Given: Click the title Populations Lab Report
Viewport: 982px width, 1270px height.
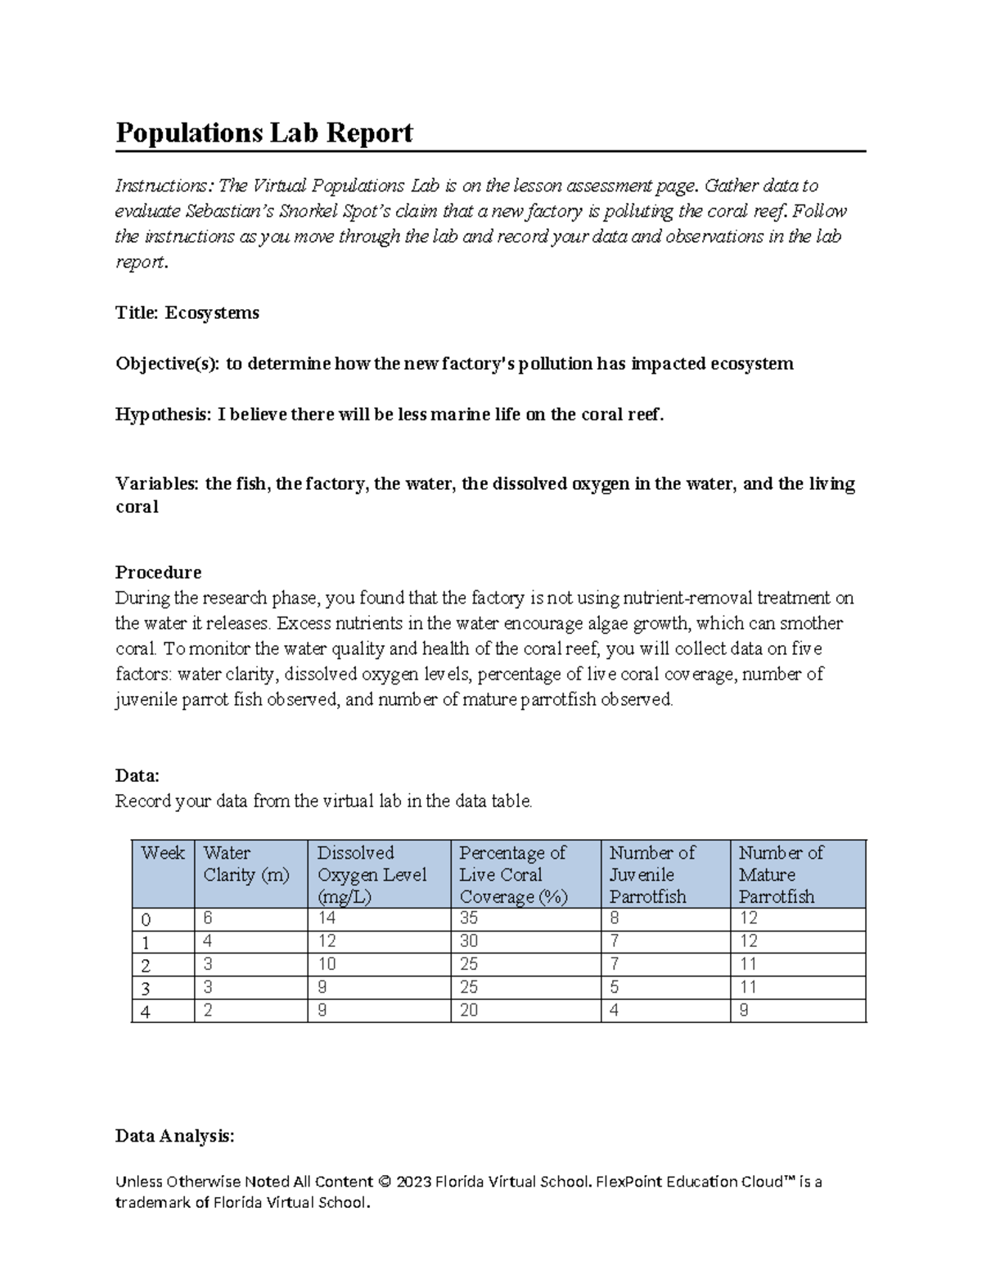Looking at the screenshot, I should (264, 132).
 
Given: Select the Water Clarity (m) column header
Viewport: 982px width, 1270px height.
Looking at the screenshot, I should (246, 864).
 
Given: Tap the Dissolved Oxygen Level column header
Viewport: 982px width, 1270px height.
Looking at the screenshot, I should (372, 874).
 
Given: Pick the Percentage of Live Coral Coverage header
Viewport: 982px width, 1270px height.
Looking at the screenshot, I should (513, 874).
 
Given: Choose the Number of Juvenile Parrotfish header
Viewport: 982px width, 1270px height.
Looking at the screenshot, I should (651, 874).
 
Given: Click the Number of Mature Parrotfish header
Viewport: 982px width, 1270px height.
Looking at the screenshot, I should (781, 874).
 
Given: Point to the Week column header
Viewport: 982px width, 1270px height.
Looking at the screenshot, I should (163, 854).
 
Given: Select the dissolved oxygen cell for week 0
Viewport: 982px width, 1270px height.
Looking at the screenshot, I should (327, 918).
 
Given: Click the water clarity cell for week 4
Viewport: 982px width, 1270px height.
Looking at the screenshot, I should (209, 1011).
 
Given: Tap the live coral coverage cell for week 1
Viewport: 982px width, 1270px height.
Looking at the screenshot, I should (469, 941).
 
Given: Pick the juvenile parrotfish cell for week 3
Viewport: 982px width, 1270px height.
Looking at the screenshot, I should (615, 988).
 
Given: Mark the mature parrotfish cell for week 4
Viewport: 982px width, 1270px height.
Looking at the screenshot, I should (744, 1011).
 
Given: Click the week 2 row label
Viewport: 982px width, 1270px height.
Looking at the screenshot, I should (146, 966).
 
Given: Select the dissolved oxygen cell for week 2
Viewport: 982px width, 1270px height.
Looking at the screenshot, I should (327, 964).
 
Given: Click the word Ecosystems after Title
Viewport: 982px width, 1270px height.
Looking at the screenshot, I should (212, 313).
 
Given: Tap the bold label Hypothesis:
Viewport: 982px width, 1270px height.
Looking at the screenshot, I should (163, 415).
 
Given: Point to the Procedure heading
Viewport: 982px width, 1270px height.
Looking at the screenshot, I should (158, 572).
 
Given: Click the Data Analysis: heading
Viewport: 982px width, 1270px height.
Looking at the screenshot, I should (174, 1136).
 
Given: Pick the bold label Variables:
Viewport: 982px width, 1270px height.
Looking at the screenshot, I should (156, 484).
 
